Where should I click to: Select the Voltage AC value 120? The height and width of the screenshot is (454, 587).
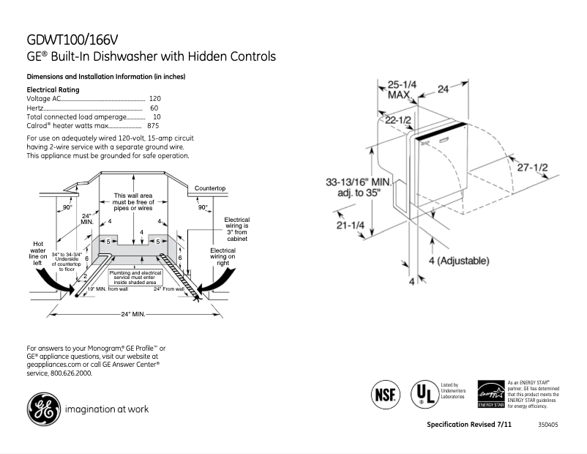154,98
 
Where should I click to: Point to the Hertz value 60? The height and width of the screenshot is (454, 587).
154,108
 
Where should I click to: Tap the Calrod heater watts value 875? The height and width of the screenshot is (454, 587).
153,126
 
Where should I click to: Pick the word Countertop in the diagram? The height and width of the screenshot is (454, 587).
209,189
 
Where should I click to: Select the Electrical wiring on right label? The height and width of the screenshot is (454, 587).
223,258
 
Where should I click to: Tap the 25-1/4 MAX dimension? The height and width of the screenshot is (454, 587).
401,89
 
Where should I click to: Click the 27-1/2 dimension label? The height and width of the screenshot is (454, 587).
532,168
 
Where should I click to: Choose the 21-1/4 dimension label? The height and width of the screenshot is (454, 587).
350,226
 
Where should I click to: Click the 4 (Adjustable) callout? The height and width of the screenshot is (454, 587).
459,261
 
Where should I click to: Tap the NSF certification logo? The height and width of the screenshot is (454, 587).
385,394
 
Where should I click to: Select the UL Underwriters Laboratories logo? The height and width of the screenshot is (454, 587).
422,394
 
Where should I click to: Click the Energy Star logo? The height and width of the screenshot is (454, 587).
490,394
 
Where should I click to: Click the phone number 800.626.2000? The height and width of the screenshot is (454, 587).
71,373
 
